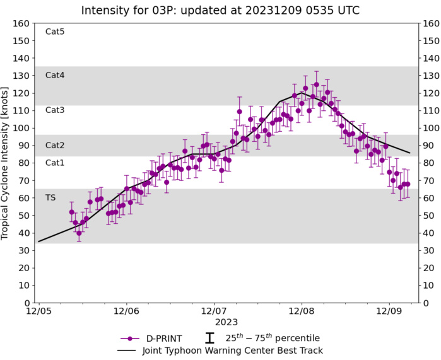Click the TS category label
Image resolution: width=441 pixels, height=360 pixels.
(50, 197)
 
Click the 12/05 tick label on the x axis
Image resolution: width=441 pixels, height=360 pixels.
(39, 311)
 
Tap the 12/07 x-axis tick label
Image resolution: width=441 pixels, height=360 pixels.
(215, 311)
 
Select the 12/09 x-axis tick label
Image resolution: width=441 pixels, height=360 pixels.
(389, 311)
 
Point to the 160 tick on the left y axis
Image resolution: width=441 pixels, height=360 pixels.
(21, 23)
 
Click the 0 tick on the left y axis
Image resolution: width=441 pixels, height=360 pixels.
(26, 303)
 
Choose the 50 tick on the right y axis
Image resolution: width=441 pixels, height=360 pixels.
(430, 216)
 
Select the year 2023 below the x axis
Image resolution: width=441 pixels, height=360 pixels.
(215, 322)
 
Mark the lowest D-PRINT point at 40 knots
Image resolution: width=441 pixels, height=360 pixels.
(79, 233)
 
